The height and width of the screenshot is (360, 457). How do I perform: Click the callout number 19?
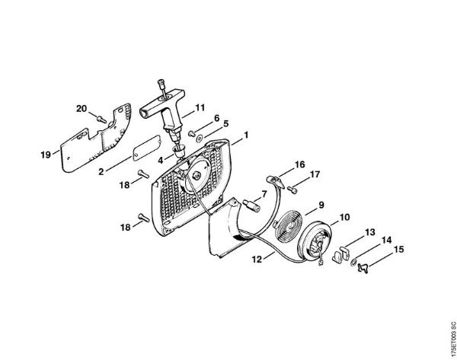pyautogui.click(x=46, y=155)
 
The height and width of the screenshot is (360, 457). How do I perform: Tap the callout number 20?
pyautogui.click(x=81, y=109)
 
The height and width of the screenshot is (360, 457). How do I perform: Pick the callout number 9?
pyautogui.click(x=321, y=205)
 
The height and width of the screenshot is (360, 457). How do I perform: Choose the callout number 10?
pyautogui.click(x=344, y=217)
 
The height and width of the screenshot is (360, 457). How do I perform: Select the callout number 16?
pyautogui.click(x=300, y=164)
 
